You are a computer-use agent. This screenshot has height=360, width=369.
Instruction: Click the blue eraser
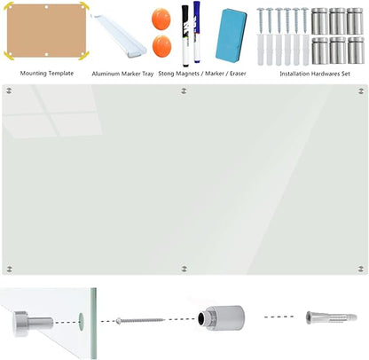coord(232,35)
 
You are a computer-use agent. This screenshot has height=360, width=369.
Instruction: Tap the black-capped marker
coord(185,35)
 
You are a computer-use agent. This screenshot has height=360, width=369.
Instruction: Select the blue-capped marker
coord(197,32)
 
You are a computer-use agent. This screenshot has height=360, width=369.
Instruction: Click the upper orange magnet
coord(161,19)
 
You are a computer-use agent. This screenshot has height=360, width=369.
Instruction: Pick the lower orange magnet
coord(162,46)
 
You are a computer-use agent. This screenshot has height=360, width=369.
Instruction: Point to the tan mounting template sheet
coord(46,30)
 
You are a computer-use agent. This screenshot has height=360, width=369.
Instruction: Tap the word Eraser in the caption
coord(238,74)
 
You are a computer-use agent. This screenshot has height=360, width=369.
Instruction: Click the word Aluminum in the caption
coord(106,74)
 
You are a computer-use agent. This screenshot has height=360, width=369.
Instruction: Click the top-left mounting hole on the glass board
coord(9,90)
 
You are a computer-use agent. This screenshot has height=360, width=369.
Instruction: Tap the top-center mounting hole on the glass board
coord(184,90)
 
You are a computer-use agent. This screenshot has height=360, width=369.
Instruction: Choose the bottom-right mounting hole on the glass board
coord(361,269)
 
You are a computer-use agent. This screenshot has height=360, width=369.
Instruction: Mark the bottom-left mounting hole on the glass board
coord(10,269)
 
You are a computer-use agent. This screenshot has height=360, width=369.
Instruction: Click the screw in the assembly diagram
coord(140,320)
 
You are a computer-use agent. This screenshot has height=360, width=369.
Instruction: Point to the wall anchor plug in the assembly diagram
coord(331,317)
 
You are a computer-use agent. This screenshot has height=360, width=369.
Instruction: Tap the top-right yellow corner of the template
coord(83,6)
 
